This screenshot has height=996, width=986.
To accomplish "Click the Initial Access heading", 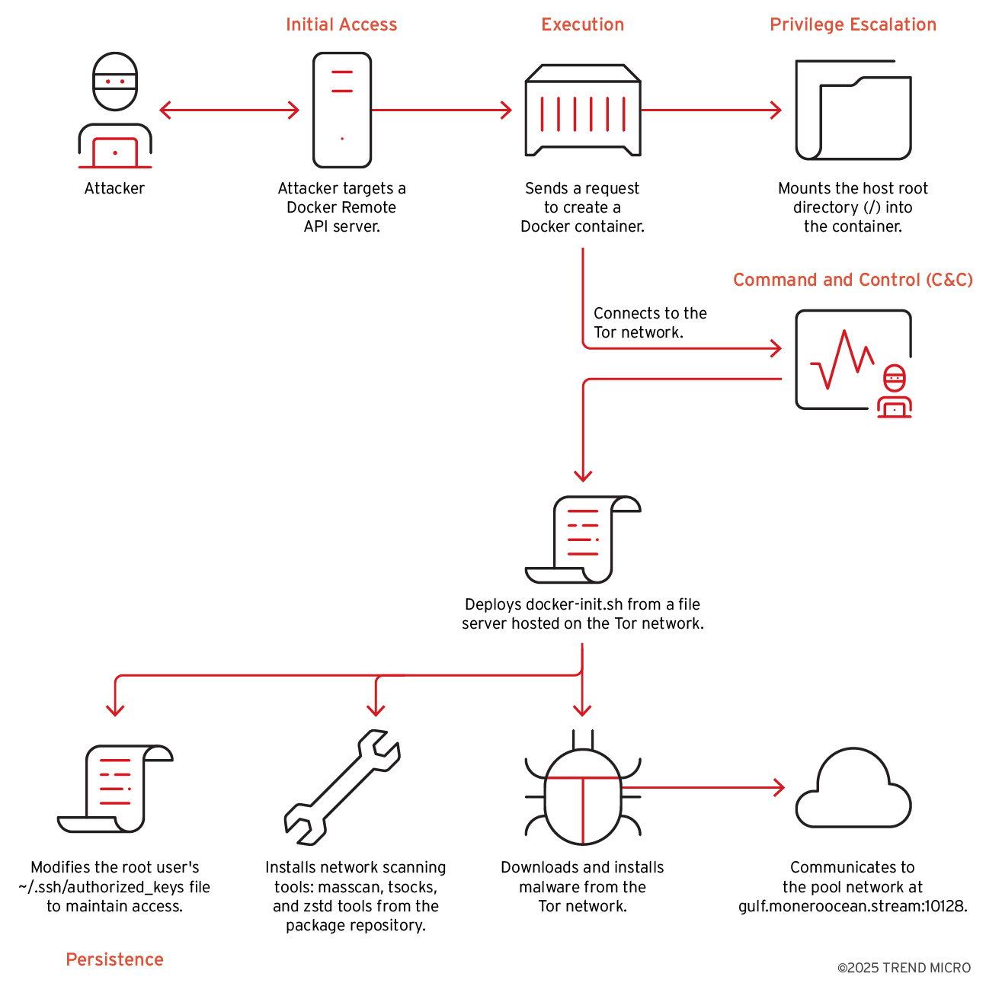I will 341,24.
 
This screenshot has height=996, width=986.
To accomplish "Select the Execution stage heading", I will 582,24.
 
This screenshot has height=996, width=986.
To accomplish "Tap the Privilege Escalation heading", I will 853,24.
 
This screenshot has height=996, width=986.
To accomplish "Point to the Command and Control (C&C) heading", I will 853,280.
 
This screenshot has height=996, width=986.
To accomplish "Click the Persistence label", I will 114,959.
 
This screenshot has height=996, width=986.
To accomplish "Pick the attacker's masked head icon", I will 115,81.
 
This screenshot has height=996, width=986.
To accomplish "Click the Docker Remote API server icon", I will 342,110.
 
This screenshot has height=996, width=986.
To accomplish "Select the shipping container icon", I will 582,110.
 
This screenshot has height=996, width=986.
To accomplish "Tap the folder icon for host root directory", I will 853,110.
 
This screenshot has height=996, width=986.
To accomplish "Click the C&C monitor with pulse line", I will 846,360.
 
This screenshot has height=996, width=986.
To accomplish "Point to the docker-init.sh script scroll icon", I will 583,539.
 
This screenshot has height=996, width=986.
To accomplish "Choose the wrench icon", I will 342,787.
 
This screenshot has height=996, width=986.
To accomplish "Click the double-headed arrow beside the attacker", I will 229,110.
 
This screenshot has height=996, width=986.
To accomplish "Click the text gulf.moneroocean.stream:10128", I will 853,907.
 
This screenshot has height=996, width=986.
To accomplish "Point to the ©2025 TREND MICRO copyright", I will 904,968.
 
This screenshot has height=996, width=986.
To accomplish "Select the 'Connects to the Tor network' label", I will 650,323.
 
